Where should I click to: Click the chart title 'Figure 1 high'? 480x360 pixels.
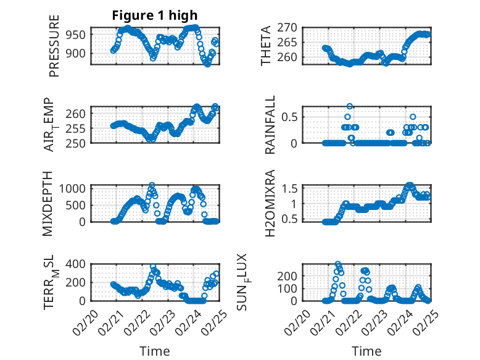click(x=155, y=16)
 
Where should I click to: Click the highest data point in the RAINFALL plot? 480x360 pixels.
click(x=350, y=106)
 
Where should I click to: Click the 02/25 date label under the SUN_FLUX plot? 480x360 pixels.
click(x=421, y=322)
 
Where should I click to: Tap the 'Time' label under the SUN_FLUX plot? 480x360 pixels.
click(x=366, y=351)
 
